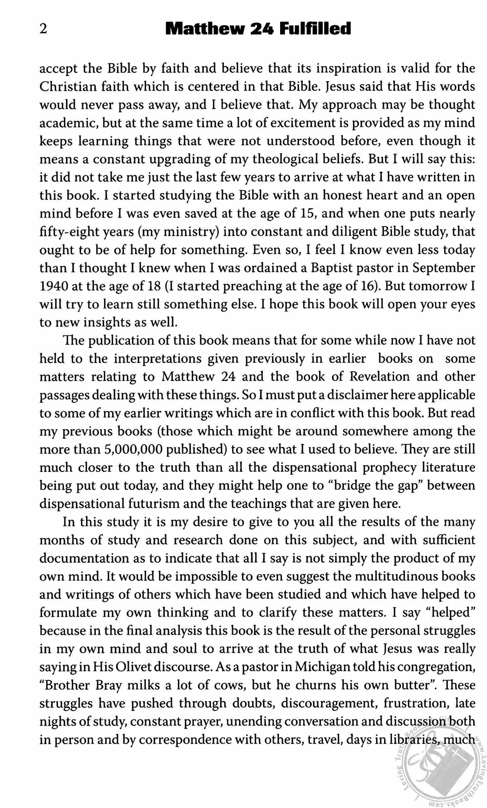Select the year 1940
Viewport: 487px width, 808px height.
pyautogui.click(x=53, y=286)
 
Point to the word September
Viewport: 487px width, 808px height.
pyautogui.click(x=443, y=268)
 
